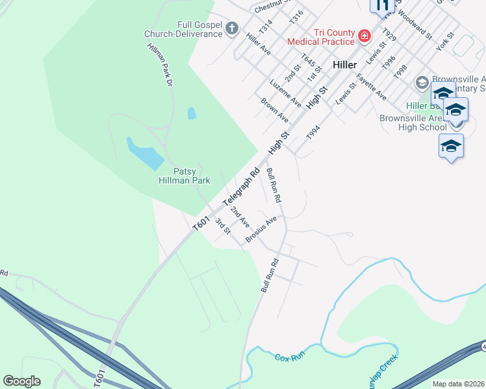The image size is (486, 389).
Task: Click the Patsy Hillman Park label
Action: [182, 176]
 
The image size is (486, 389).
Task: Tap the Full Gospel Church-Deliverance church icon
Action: [233, 28]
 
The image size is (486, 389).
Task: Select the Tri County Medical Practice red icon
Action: [364, 36]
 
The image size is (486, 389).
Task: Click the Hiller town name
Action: [344, 65]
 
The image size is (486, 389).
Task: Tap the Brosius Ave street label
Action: [261, 230]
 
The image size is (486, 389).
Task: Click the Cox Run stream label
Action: [290, 358]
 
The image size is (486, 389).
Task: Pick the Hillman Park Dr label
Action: [160, 65]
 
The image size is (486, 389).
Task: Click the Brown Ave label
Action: [274, 110]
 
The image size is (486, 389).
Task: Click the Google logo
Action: [21, 381]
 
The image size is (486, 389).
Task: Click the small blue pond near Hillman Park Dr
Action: [192, 113]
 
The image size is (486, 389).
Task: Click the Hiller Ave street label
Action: [258, 41]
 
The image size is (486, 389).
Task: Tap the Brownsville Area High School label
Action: [413, 123]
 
